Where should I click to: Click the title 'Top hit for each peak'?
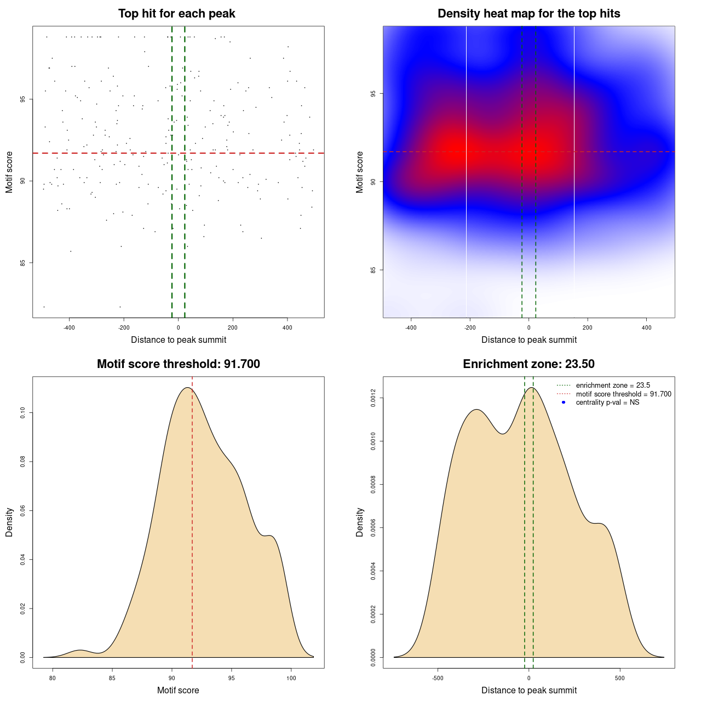point(176,14)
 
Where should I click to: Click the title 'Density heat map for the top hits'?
point(528,14)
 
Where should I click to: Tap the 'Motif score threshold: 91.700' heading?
point(178,364)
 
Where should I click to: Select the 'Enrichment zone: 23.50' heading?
point(528,364)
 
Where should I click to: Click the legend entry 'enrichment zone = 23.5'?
point(613,386)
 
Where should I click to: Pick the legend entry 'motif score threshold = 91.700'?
point(623,394)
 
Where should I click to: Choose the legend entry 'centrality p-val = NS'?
point(607,403)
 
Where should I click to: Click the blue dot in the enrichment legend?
point(564,403)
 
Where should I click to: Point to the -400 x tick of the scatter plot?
point(69,328)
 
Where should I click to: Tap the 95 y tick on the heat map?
point(374,93)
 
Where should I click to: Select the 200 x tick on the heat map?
point(588,328)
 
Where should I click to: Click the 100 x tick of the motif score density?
point(291,678)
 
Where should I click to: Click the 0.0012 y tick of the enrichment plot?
point(374,398)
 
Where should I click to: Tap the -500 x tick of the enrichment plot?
point(438,678)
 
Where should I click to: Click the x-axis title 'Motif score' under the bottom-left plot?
point(178,691)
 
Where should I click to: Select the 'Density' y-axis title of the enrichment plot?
point(360,522)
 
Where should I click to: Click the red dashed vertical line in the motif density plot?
point(192,520)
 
